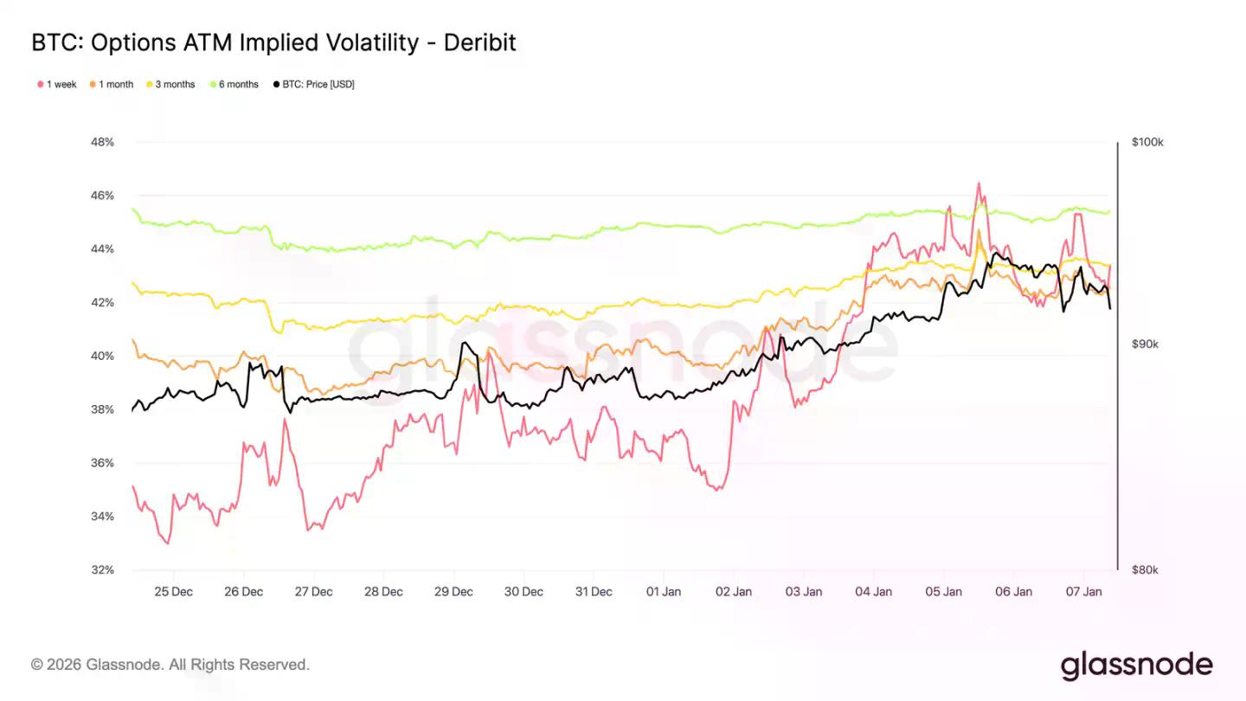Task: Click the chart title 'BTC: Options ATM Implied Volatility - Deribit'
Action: (273, 42)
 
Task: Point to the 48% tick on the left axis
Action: (102, 142)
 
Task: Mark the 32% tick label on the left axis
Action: (102, 570)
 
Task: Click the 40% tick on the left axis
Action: (102, 356)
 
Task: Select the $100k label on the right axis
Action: (1146, 142)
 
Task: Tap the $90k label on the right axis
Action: (1144, 344)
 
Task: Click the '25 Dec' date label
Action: (173, 592)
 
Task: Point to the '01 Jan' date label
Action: (663, 592)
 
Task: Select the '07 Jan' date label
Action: (1083, 592)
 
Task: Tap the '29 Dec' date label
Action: (453, 592)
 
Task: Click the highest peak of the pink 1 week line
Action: (979, 183)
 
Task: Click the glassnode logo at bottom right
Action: (1136, 665)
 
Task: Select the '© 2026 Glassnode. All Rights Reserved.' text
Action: (170, 665)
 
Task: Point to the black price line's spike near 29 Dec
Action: (465, 344)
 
